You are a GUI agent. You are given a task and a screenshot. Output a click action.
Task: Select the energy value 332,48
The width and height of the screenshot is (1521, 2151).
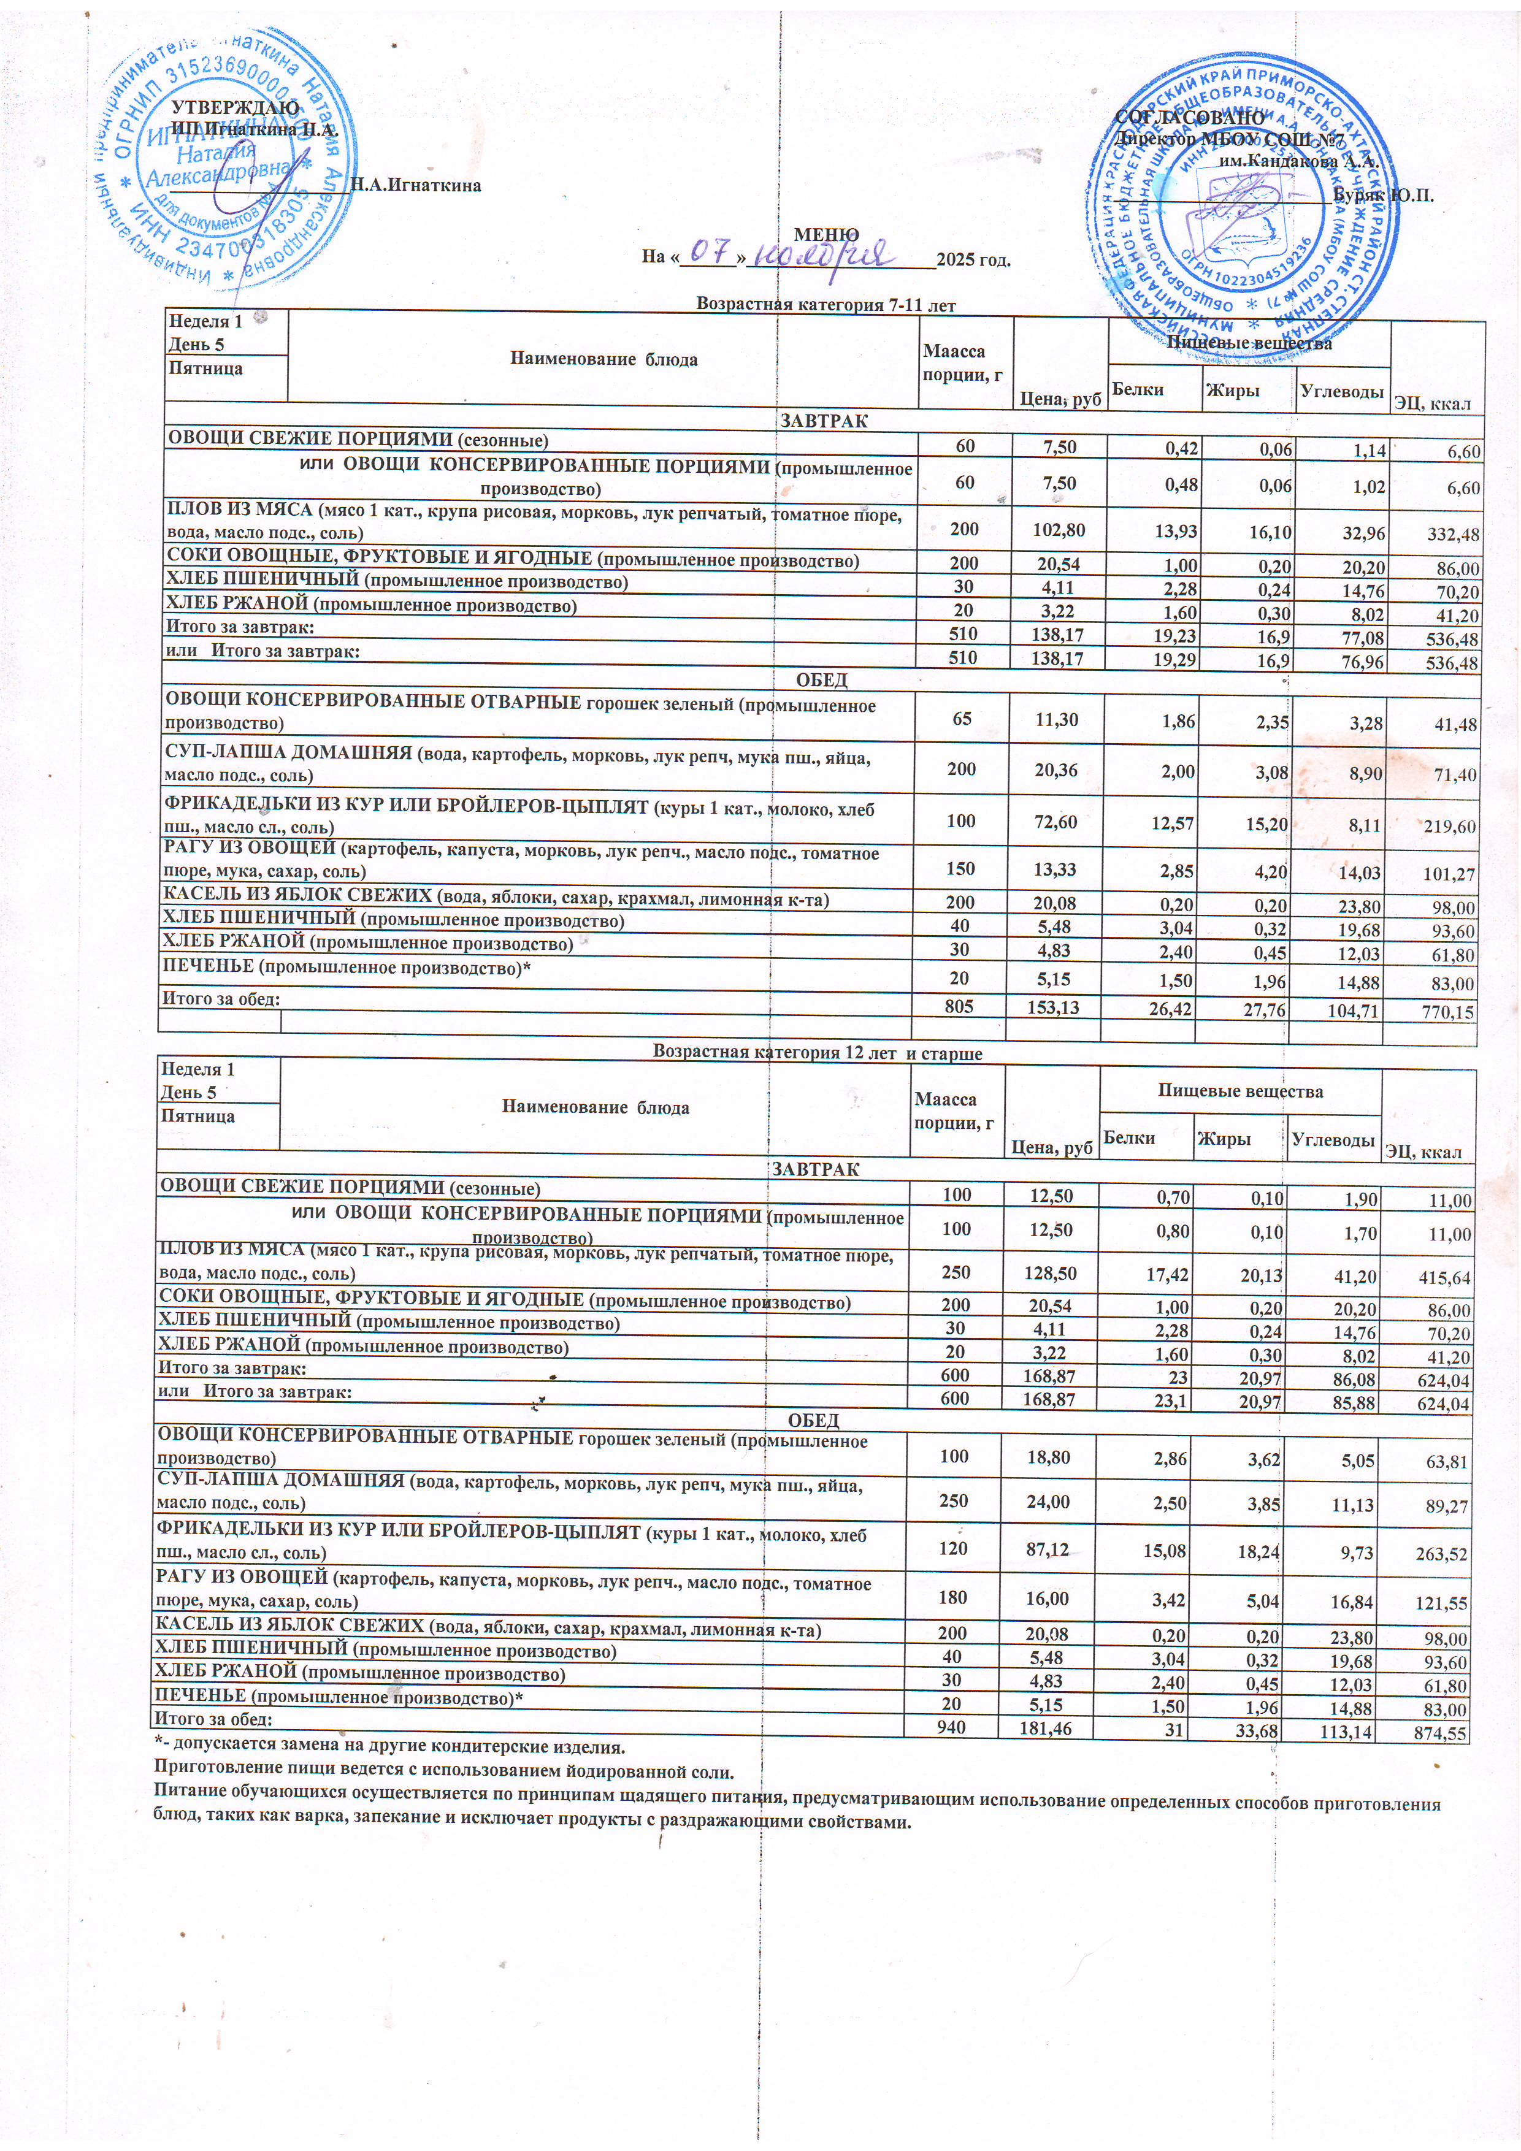coord(1450,535)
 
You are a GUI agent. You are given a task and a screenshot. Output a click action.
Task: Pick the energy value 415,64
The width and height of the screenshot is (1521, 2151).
coord(1442,1277)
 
